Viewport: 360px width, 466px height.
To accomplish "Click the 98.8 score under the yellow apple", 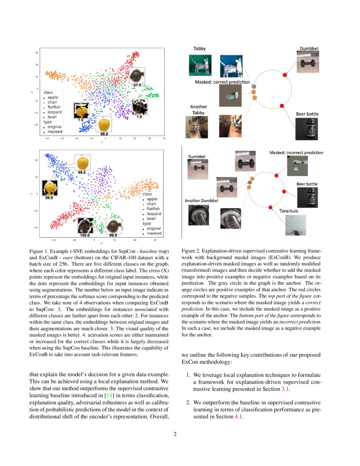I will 103,134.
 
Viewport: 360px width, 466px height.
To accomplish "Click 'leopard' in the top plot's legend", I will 55,112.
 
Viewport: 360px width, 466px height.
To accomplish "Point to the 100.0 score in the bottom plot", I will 85,234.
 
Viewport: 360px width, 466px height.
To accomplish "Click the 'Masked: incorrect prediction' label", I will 296,153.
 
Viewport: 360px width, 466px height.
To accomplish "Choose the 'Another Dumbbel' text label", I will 201,200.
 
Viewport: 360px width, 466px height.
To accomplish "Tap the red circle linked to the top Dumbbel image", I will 285,75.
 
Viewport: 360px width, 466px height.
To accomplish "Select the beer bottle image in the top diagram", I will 307,129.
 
